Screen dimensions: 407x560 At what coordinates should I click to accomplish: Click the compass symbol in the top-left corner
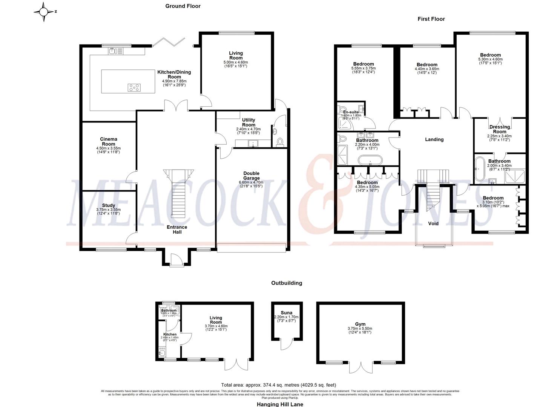coord(44,12)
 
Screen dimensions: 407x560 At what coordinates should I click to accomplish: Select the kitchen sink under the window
coord(114,51)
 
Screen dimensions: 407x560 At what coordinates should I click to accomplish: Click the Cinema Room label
coord(108,141)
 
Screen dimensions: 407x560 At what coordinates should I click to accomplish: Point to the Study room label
coord(108,205)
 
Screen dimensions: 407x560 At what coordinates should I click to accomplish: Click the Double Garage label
coord(251,176)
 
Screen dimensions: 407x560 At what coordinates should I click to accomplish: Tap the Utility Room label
coord(249,122)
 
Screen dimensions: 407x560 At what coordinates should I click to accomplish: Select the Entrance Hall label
coord(177,230)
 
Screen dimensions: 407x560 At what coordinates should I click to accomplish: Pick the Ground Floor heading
coord(183,6)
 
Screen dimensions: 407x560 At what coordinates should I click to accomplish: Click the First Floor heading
coord(431,19)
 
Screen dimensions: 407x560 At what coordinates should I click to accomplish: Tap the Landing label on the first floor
coord(434,139)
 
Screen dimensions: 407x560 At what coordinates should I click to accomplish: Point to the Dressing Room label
coord(499,129)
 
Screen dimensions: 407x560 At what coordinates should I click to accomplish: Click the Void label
coord(433,223)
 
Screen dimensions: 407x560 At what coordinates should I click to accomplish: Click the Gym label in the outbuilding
coord(360,324)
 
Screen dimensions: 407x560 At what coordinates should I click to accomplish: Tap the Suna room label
coord(286,312)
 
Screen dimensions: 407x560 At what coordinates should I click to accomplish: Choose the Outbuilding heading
coord(287,283)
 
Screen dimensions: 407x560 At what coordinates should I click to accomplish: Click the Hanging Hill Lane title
coord(280,404)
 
